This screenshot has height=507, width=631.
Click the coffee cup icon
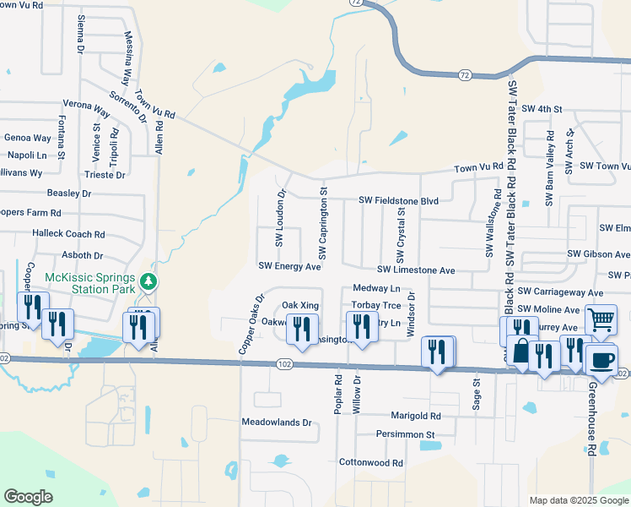click(x=601, y=359)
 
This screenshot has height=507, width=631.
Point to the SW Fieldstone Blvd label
click(x=399, y=200)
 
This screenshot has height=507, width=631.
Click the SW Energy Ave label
click(x=289, y=266)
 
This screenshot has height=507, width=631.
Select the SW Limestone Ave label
click(x=416, y=270)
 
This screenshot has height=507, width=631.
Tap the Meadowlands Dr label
click(x=277, y=422)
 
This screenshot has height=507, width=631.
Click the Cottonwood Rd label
click(x=370, y=463)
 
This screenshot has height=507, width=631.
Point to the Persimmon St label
click(x=406, y=435)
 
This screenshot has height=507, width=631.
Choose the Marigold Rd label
click(x=415, y=416)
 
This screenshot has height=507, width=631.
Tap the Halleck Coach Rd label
click(x=68, y=234)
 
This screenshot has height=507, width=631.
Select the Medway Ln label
click(x=376, y=288)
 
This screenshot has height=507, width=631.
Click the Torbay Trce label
click(x=376, y=305)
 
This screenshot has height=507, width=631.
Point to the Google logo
click(x=28, y=497)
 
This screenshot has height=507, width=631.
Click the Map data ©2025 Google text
click(x=578, y=500)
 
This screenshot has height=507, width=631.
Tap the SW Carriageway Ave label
click(x=561, y=292)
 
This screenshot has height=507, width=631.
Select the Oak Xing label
click(x=300, y=304)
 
